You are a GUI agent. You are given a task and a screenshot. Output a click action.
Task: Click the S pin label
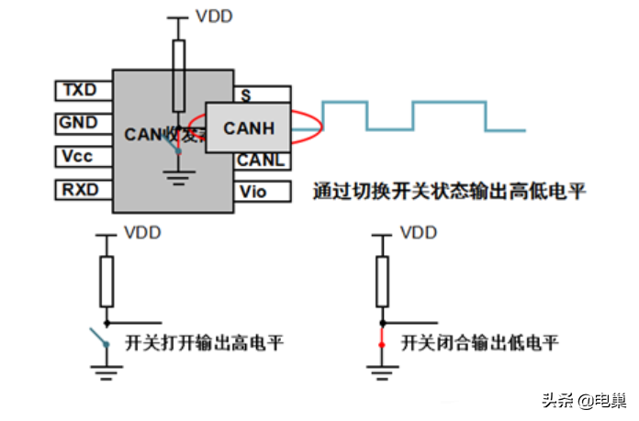(246, 94)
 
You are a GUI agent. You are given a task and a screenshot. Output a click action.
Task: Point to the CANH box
(249, 127)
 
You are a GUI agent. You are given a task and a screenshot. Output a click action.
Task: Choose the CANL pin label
(261, 161)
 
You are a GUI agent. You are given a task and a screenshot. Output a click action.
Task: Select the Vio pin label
(252, 192)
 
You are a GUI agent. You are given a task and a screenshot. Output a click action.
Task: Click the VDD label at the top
(213, 17)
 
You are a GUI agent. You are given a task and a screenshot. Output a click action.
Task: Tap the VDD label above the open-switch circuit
(142, 233)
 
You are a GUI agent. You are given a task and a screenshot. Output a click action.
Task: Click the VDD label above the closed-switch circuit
(419, 233)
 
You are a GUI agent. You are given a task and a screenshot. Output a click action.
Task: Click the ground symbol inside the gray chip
(179, 176)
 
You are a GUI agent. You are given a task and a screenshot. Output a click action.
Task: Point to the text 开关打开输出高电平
(203, 344)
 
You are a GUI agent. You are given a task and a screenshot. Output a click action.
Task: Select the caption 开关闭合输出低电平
(479, 344)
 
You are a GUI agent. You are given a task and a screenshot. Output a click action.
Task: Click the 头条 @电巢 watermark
(582, 401)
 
